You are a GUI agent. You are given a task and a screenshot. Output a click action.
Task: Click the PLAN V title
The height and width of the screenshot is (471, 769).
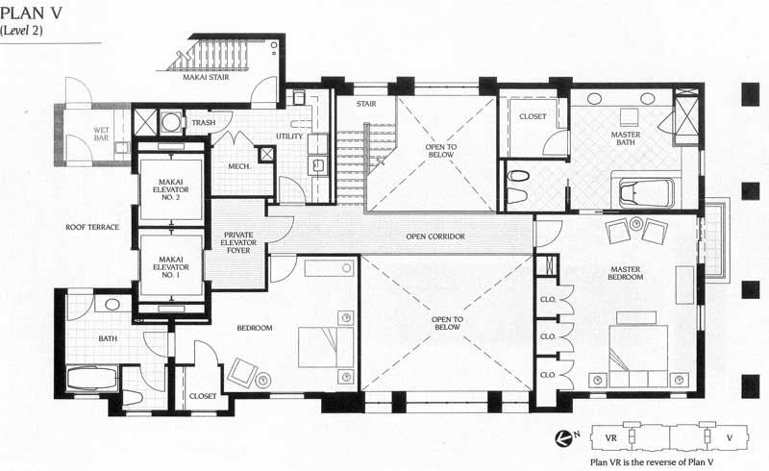pos(32,12)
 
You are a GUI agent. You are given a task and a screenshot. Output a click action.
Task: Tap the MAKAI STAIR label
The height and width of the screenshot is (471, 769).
pos(206,77)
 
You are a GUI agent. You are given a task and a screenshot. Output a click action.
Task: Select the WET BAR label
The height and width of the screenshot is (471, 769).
pos(102,134)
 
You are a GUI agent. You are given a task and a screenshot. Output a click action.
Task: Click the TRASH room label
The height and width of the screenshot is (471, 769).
pos(204,123)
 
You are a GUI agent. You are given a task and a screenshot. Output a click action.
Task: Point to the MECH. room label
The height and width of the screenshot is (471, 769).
pos(239,167)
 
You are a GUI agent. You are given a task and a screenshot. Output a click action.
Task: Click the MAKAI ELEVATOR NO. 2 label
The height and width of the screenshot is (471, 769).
pos(171,189)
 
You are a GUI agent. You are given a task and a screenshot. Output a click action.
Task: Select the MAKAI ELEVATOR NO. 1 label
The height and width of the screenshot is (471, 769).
pos(171,267)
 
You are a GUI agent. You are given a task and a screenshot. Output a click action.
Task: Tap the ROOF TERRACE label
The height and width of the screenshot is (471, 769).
pos(92,227)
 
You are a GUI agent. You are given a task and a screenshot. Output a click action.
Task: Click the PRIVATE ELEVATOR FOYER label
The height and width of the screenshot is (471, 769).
pos(238,242)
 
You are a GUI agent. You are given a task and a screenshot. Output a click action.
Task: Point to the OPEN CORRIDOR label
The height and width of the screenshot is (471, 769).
pos(435,236)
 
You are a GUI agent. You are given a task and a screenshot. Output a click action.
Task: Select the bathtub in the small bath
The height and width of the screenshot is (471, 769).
pos(91,379)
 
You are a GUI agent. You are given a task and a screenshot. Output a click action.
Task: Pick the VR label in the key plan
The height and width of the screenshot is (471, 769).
pos(610,438)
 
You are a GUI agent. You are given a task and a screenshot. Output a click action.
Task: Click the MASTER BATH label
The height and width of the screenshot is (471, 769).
pos(626,138)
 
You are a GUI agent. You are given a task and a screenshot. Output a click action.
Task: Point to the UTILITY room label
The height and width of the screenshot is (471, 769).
pos(289,136)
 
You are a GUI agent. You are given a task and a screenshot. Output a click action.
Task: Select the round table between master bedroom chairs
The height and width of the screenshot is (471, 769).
pos(636,224)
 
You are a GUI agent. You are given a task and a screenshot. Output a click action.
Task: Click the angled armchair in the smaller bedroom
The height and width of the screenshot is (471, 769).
pos(242,373)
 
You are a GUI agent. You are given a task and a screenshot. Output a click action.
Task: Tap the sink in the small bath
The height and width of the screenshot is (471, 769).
pos(112,304)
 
